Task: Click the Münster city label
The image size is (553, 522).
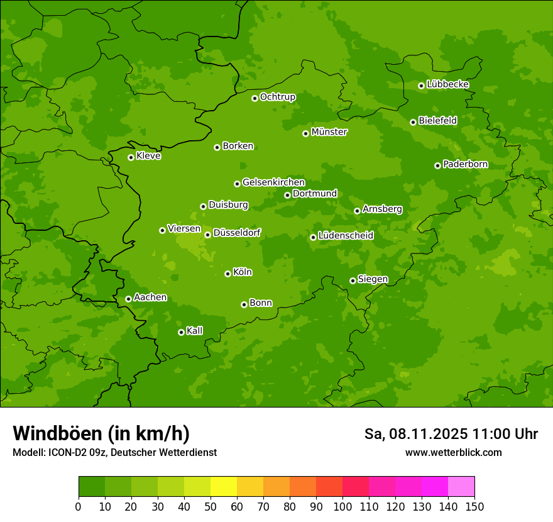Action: coord(329,132)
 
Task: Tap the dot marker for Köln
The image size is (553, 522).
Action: coord(227,274)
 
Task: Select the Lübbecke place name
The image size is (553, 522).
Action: coord(447,84)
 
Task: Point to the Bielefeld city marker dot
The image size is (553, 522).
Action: coord(413,122)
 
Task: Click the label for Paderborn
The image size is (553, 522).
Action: coord(465,164)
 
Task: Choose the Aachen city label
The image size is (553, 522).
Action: coord(150,297)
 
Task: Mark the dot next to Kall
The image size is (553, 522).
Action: coord(181,332)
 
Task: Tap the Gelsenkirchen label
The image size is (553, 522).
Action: coord(273,182)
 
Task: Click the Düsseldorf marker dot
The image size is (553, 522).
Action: coord(207,235)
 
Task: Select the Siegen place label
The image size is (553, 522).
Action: coord(373,279)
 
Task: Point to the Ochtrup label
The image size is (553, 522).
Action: coord(277,97)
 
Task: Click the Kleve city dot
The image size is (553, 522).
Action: coord(131,157)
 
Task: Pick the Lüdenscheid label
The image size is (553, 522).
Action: coord(346,236)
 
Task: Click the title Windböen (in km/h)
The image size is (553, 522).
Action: coord(101,433)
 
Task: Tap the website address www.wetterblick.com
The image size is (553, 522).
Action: coord(453,452)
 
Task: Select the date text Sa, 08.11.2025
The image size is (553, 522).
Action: coord(415,434)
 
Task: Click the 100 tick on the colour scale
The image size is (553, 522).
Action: coord(342,506)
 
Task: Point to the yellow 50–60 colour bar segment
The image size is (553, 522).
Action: coord(224,487)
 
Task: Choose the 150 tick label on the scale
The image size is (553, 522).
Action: coord(474,506)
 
